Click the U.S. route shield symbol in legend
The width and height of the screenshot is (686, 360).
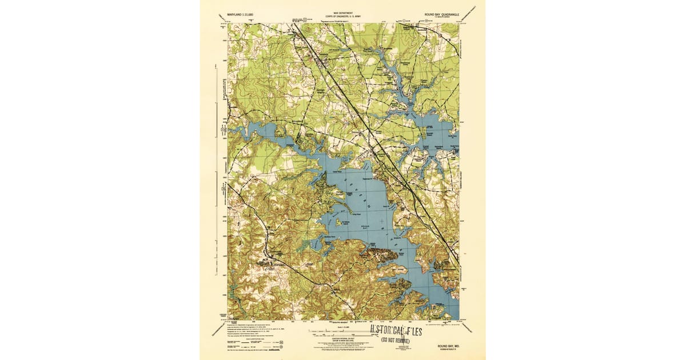pos(277,346)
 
